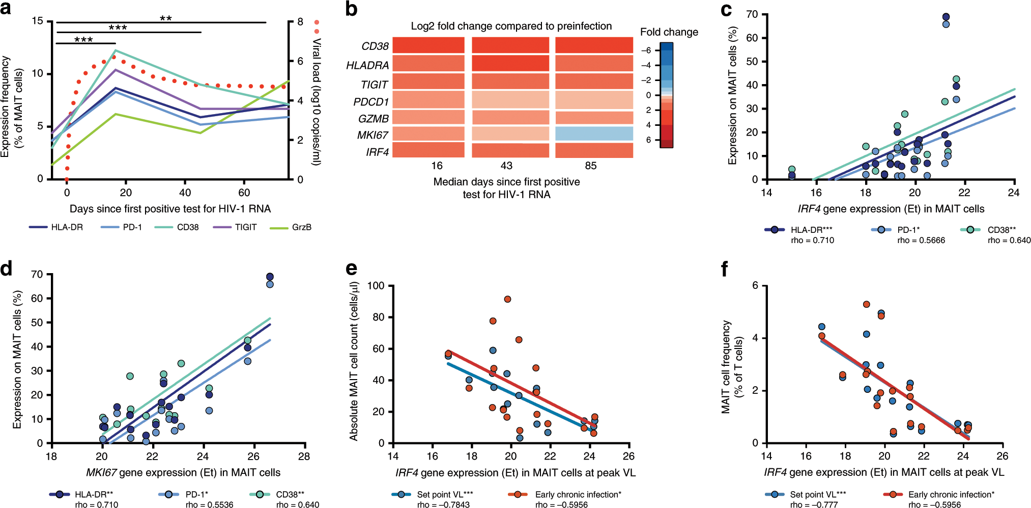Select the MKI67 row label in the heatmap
tap(373, 135)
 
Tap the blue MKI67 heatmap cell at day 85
tap(594, 134)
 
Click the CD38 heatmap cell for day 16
tap(428, 45)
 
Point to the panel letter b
tap(351, 9)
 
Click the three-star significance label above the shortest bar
tap(83, 40)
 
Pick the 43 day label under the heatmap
tap(506, 166)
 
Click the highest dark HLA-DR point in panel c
tap(946, 17)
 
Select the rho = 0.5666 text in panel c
tap(921, 240)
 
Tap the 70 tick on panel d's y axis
tap(37, 275)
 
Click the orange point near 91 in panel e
tap(507, 299)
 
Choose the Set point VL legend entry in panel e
tap(444, 494)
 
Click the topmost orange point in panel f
tap(867, 304)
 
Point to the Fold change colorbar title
tap(669, 32)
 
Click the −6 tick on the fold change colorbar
tap(646, 50)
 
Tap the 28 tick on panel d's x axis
tap(304, 457)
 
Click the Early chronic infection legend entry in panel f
tap(951, 494)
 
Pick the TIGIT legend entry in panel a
tap(245, 227)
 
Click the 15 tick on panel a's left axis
tap(37, 21)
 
